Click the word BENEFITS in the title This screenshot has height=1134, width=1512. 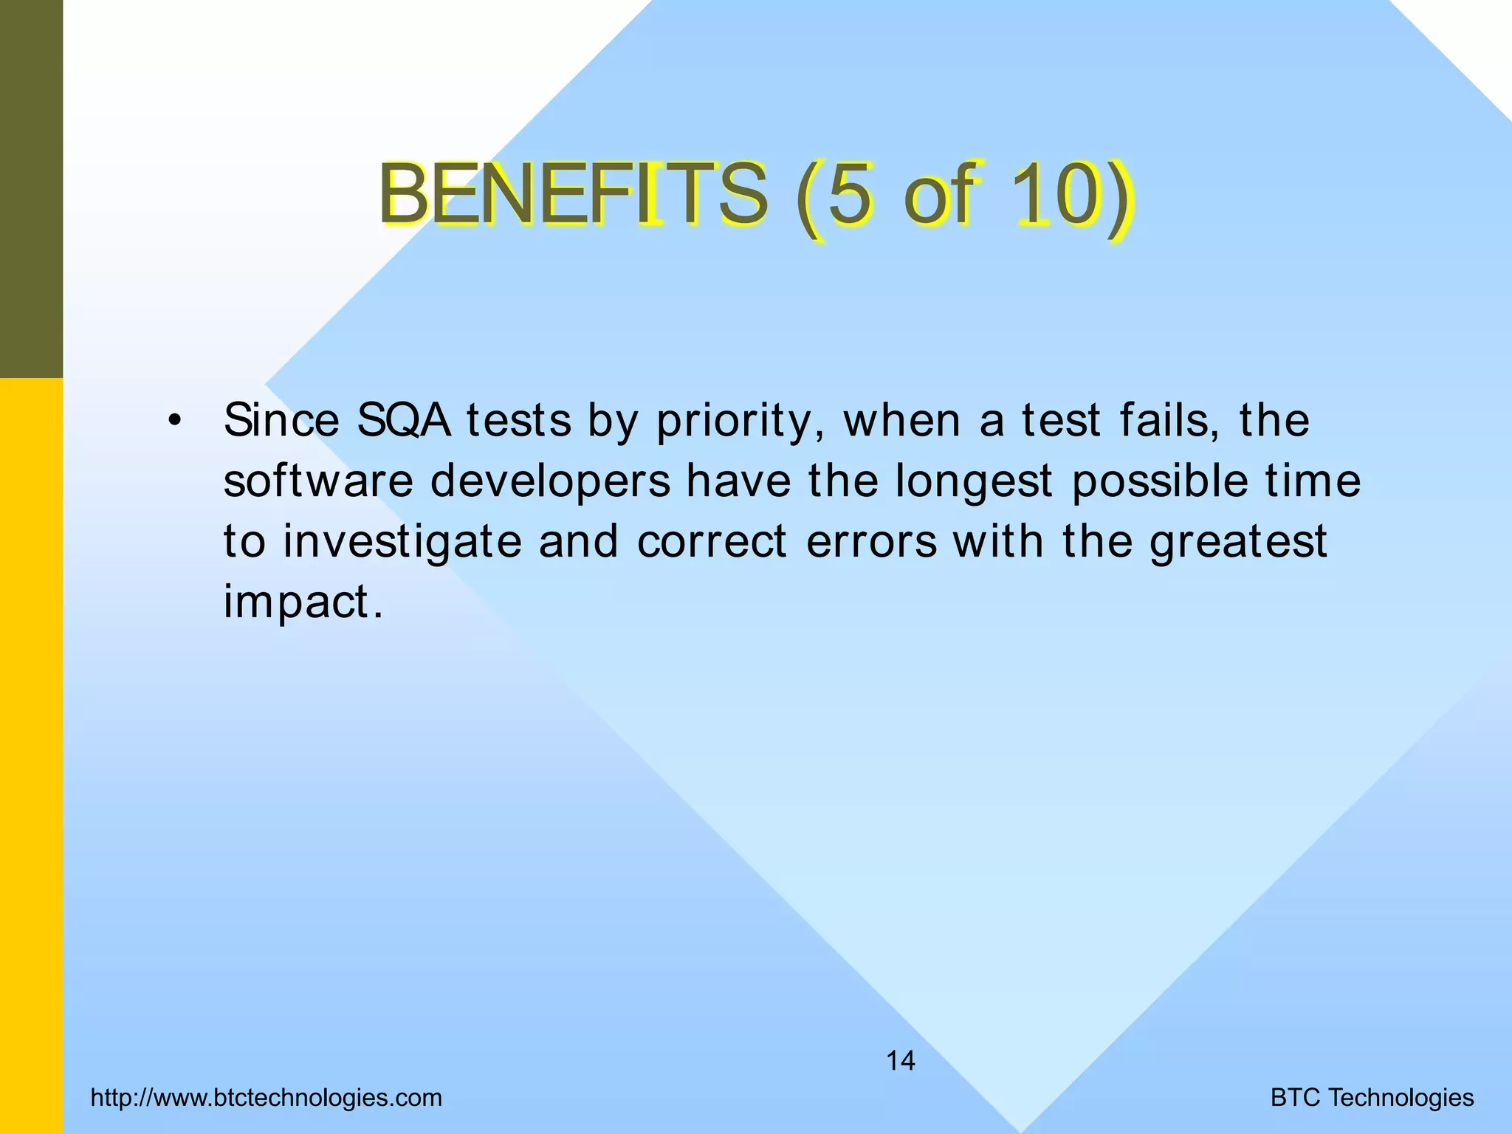pyautogui.click(x=573, y=195)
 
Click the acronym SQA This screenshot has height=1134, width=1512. pyautogui.click(x=403, y=421)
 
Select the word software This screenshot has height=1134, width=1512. pyautogui.click(x=318, y=481)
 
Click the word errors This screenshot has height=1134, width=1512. pyautogui.click(x=871, y=542)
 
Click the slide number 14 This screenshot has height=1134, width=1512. pyautogui.click(x=900, y=1061)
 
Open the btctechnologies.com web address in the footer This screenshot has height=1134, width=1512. pyautogui.click(x=267, y=1098)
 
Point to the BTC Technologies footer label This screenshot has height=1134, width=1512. pyautogui.click(x=1372, y=1098)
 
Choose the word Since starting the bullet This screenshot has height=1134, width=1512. pyautogui.click(x=281, y=421)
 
